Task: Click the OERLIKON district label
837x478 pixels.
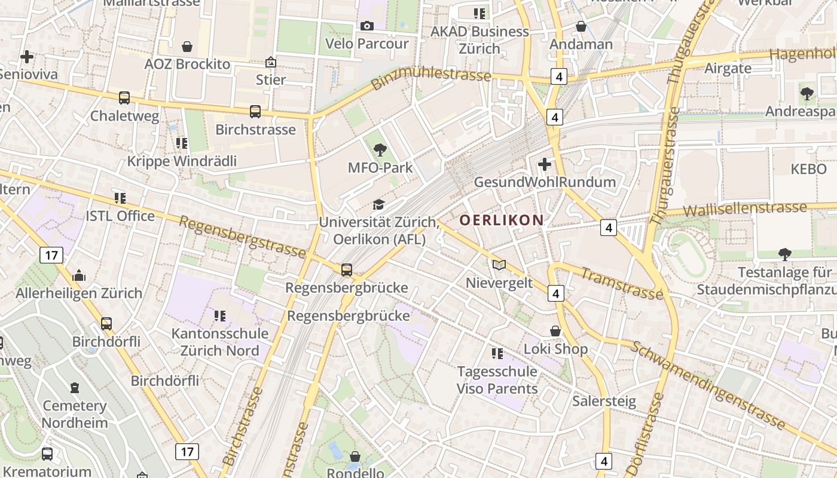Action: [x=502, y=220]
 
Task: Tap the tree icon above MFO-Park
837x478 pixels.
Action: [x=380, y=150]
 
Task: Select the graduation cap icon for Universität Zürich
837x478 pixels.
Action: [x=378, y=205]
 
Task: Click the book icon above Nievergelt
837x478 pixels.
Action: [x=499, y=265]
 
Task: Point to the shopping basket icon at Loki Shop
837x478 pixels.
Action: [x=555, y=331]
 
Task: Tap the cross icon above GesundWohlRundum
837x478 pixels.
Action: [x=545, y=164]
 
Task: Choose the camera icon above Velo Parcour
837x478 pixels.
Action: [x=366, y=26]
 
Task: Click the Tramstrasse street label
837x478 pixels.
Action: [x=622, y=283]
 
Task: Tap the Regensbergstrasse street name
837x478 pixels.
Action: [x=242, y=237]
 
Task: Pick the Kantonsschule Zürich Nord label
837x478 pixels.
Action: [x=220, y=342]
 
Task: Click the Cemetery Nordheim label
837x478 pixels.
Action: [x=75, y=414]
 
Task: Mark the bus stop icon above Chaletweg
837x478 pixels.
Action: [x=124, y=98]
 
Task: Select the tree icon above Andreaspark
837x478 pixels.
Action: [x=807, y=93]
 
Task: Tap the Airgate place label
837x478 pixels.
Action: [x=728, y=68]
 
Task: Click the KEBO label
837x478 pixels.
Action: [x=808, y=169]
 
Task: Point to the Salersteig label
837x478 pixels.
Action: [x=604, y=400]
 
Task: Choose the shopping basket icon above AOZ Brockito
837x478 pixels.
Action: [x=187, y=46]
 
